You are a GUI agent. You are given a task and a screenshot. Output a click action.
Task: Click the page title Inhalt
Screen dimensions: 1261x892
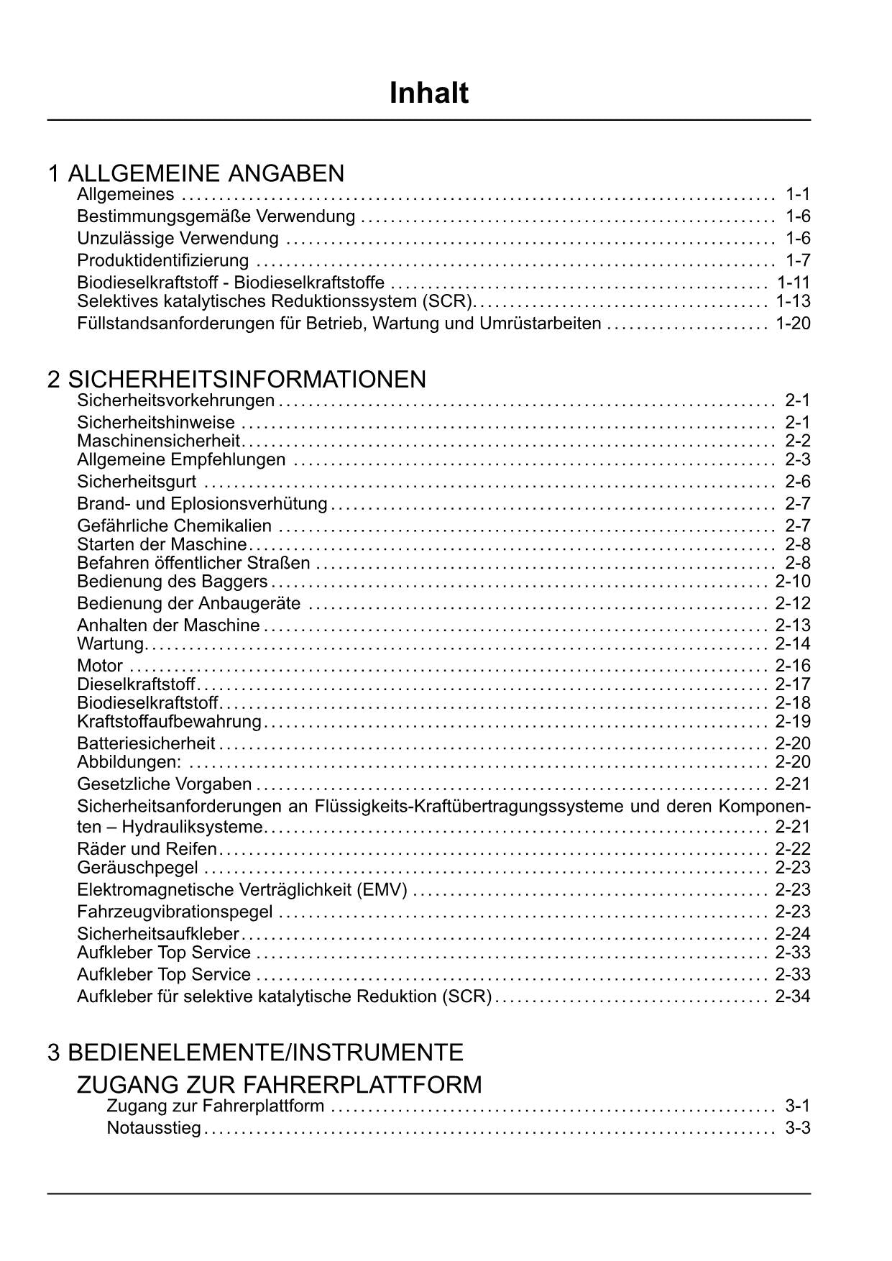click(x=429, y=93)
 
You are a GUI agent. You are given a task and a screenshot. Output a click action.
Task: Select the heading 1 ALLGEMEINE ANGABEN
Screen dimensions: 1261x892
click(x=196, y=173)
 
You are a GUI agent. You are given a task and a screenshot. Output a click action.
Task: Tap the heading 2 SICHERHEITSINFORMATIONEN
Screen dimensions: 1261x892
click(x=237, y=379)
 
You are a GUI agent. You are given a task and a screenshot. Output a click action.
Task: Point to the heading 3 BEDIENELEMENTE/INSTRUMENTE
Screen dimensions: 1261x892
click(x=256, y=1053)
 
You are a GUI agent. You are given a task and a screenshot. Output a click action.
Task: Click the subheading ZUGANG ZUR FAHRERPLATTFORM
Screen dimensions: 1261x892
click(x=280, y=1084)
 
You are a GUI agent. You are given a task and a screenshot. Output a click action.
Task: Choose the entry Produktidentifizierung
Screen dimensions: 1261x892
click(x=163, y=260)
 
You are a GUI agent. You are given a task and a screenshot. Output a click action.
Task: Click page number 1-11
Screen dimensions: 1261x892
click(x=793, y=283)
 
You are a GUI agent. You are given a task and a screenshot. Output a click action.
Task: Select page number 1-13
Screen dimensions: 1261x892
click(x=793, y=301)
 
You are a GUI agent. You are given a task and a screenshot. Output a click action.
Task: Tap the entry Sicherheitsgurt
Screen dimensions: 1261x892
click(x=137, y=482)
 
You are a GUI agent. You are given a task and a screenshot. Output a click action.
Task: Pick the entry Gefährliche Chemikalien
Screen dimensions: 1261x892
click(x=175, y=526)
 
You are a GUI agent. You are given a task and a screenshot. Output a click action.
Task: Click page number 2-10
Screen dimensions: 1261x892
click(x=793, y=582)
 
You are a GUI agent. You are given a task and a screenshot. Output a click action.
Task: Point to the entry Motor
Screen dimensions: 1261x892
click(x=100, y=666)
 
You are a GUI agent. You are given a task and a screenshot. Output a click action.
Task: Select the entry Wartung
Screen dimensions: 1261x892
click(x=111, y=644)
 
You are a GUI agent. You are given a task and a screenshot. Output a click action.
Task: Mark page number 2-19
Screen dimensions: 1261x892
click(x=793, y=722)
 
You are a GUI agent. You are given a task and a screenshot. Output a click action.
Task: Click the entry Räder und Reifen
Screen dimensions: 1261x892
click(x=147, y=849)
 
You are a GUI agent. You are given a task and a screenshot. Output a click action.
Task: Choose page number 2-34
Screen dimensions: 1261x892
click(x=793, y=996)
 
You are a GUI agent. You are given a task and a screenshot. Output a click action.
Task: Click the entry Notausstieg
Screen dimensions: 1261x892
click(x=154, y=1128)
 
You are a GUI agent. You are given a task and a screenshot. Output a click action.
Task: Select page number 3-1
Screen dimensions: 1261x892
click(x=798, y=1106)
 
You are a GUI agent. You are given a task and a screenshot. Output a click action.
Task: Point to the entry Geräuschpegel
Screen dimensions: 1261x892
click(x=137, y=868)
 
